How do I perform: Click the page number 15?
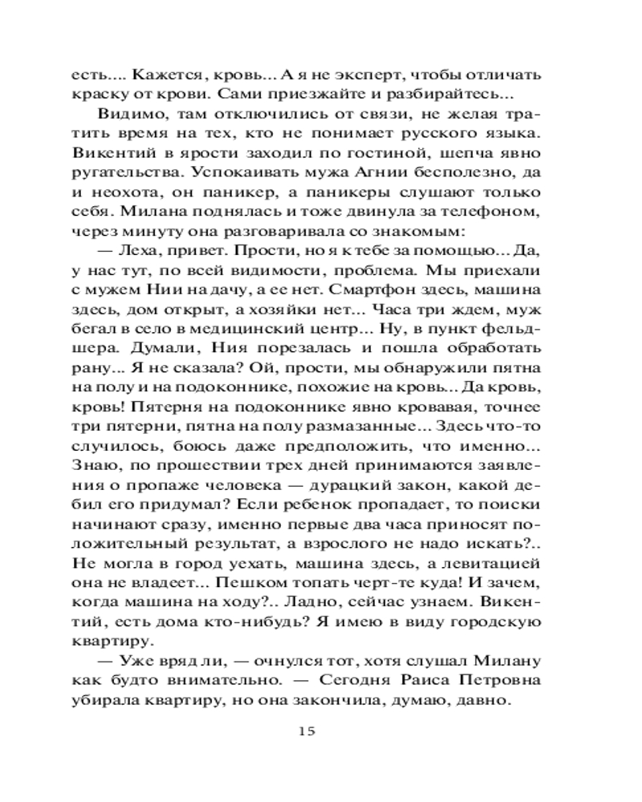click(307, 730)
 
